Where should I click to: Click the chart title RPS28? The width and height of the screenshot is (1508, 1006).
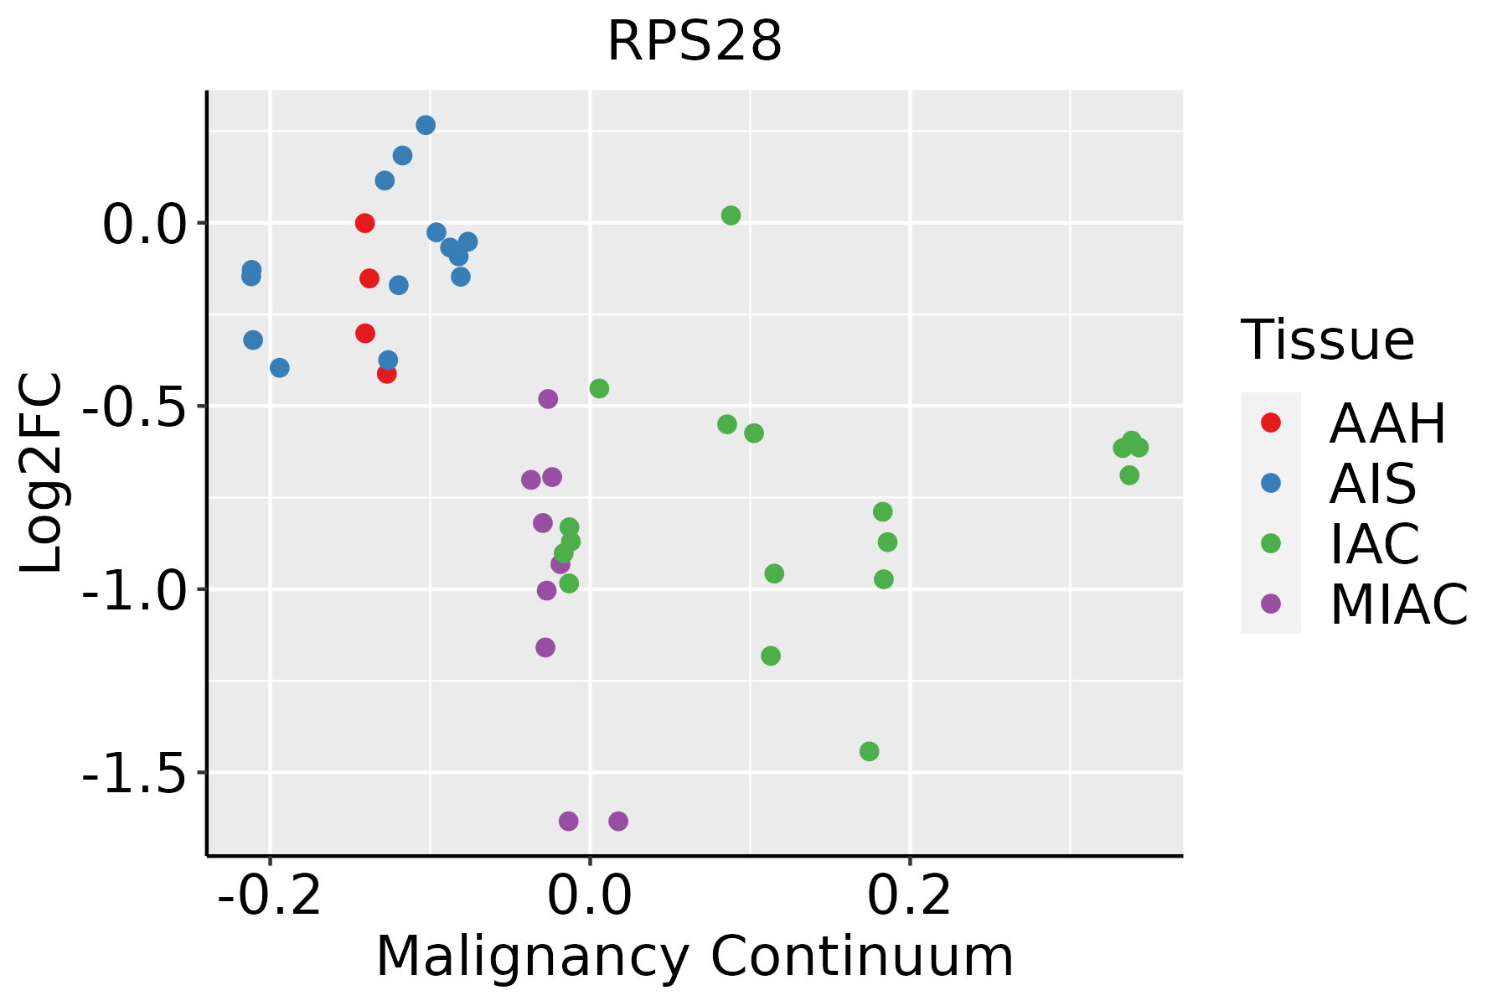[x=695, y=42]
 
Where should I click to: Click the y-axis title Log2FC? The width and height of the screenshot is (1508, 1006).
[x=42, y=474]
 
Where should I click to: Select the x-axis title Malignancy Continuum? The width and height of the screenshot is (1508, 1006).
[x=695, y=957]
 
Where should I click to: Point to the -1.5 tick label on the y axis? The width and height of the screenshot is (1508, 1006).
[x=133, y=773]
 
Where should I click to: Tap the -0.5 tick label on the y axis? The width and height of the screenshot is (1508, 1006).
[x=133, y=407]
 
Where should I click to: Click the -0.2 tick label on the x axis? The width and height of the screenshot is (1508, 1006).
[x=270, y=895]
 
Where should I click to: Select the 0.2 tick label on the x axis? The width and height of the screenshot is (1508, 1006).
[x=910, y=895]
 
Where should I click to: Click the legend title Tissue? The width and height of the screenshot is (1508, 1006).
[x=1328, y=340]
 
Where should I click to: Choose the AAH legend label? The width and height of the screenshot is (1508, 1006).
[x=1387, y=423]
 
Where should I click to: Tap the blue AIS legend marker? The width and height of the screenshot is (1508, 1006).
[x=1270, y=483]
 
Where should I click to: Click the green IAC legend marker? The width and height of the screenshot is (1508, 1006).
[x=1270, y=543]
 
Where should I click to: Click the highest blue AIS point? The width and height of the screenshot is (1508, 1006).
[x=426, y=125]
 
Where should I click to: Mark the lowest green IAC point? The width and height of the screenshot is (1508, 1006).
[x=870, y=751]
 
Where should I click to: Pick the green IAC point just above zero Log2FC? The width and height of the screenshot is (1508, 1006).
[x=731, y=215]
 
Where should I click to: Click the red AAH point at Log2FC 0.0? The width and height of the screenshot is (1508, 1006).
[x=364, y=223]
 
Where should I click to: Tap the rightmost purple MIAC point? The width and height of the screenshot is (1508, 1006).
[x=618, y=821]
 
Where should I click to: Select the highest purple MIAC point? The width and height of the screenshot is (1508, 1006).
[x=548, y=399]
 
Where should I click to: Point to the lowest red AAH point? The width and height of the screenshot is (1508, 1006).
[x=386, y=374]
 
